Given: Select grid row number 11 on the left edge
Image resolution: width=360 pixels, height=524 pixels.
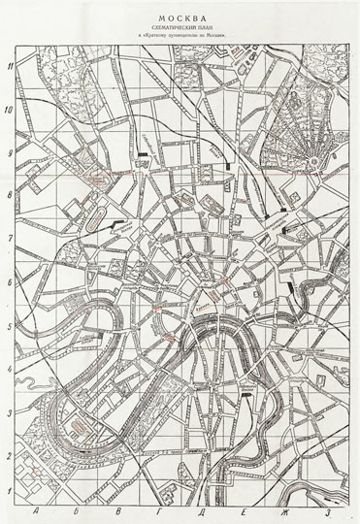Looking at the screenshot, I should point(9,67).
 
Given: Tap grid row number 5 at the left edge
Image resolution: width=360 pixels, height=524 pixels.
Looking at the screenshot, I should point(9,326).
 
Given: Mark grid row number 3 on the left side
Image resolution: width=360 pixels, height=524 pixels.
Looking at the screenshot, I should point(9,412).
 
